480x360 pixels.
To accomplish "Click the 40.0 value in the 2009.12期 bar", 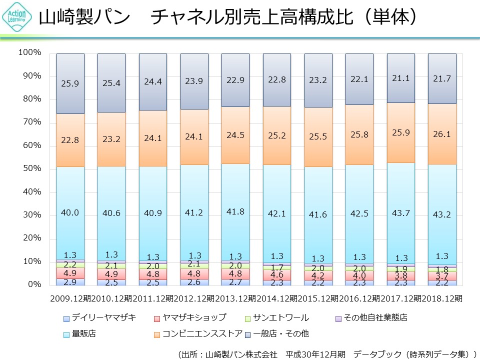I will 70,212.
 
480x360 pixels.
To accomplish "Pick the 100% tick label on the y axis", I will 29,52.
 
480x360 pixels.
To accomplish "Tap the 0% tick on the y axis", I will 34,284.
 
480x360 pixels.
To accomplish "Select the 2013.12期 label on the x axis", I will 235,298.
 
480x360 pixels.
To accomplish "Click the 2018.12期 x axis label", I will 442,298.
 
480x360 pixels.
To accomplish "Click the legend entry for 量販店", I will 83,333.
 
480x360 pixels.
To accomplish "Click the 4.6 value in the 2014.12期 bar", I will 276,274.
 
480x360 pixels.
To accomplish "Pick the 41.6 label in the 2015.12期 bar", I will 318,214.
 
